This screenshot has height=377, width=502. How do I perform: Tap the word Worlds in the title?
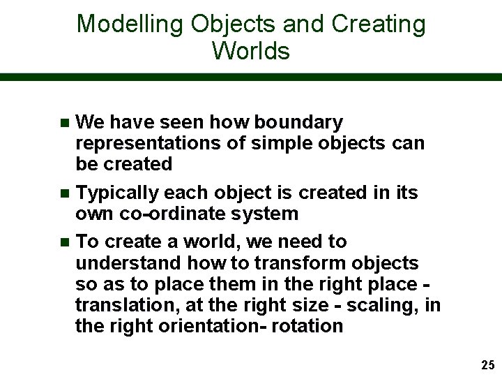251,51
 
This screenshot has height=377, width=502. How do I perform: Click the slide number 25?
487,365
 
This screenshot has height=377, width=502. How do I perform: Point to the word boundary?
298,123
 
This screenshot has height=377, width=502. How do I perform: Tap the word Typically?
116,193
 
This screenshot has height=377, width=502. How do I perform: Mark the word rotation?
311,326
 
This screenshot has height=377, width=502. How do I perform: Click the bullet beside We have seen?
65,124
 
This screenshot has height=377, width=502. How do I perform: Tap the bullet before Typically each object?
65,193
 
